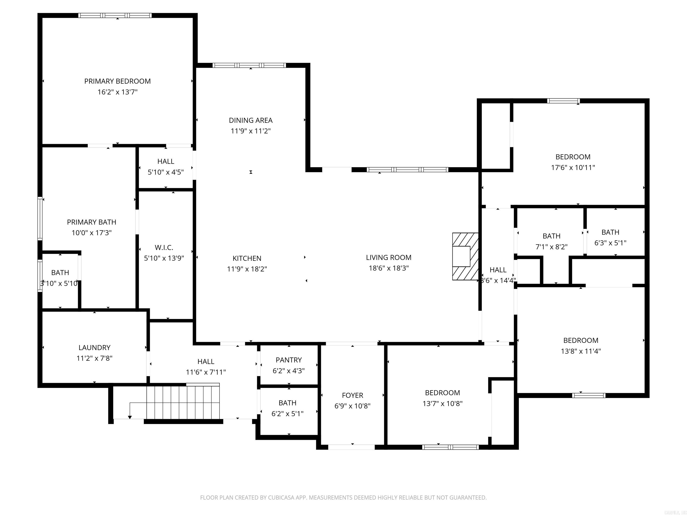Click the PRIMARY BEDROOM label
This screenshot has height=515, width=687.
tap(117, 81)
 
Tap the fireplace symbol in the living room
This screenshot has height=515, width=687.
tap(465, 256)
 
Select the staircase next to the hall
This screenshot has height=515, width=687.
tap(183, 402)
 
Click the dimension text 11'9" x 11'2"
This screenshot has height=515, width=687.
tap(251, 131)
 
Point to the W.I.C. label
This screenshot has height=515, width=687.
tap(164, 247)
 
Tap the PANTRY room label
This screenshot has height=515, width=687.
tap(288, 360)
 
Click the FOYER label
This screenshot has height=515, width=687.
tap(352, 395)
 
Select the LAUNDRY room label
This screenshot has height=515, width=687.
tap(94, 347)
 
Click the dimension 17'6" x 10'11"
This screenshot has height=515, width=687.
tap(573, 168)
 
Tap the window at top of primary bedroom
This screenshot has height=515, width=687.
tap(115, 15)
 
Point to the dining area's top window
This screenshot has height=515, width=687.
tap(249, 65)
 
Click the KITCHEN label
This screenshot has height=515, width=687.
tap(247, 258)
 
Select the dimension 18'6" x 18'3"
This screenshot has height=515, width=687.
tap(388, 268)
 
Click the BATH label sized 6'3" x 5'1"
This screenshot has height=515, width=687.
tap(610, 232)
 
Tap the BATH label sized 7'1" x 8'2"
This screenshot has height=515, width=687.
tap(551, 236)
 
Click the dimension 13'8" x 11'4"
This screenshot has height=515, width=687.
tap(581, 351)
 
